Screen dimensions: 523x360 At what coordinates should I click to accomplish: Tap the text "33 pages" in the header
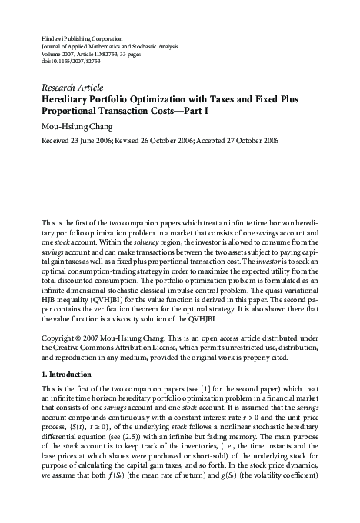tap(145, 55)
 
